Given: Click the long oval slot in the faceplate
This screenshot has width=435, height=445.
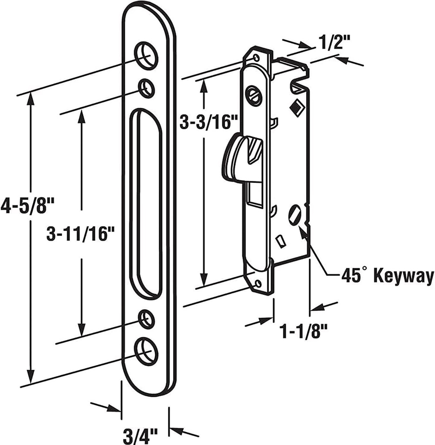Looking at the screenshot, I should [x=145, y=204].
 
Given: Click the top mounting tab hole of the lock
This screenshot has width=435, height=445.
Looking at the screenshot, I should [x=257, y=57].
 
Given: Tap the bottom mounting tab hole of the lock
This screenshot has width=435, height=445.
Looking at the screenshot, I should [x=259, y=284].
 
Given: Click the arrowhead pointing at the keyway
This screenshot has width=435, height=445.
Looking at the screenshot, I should [x=303, y=230].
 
